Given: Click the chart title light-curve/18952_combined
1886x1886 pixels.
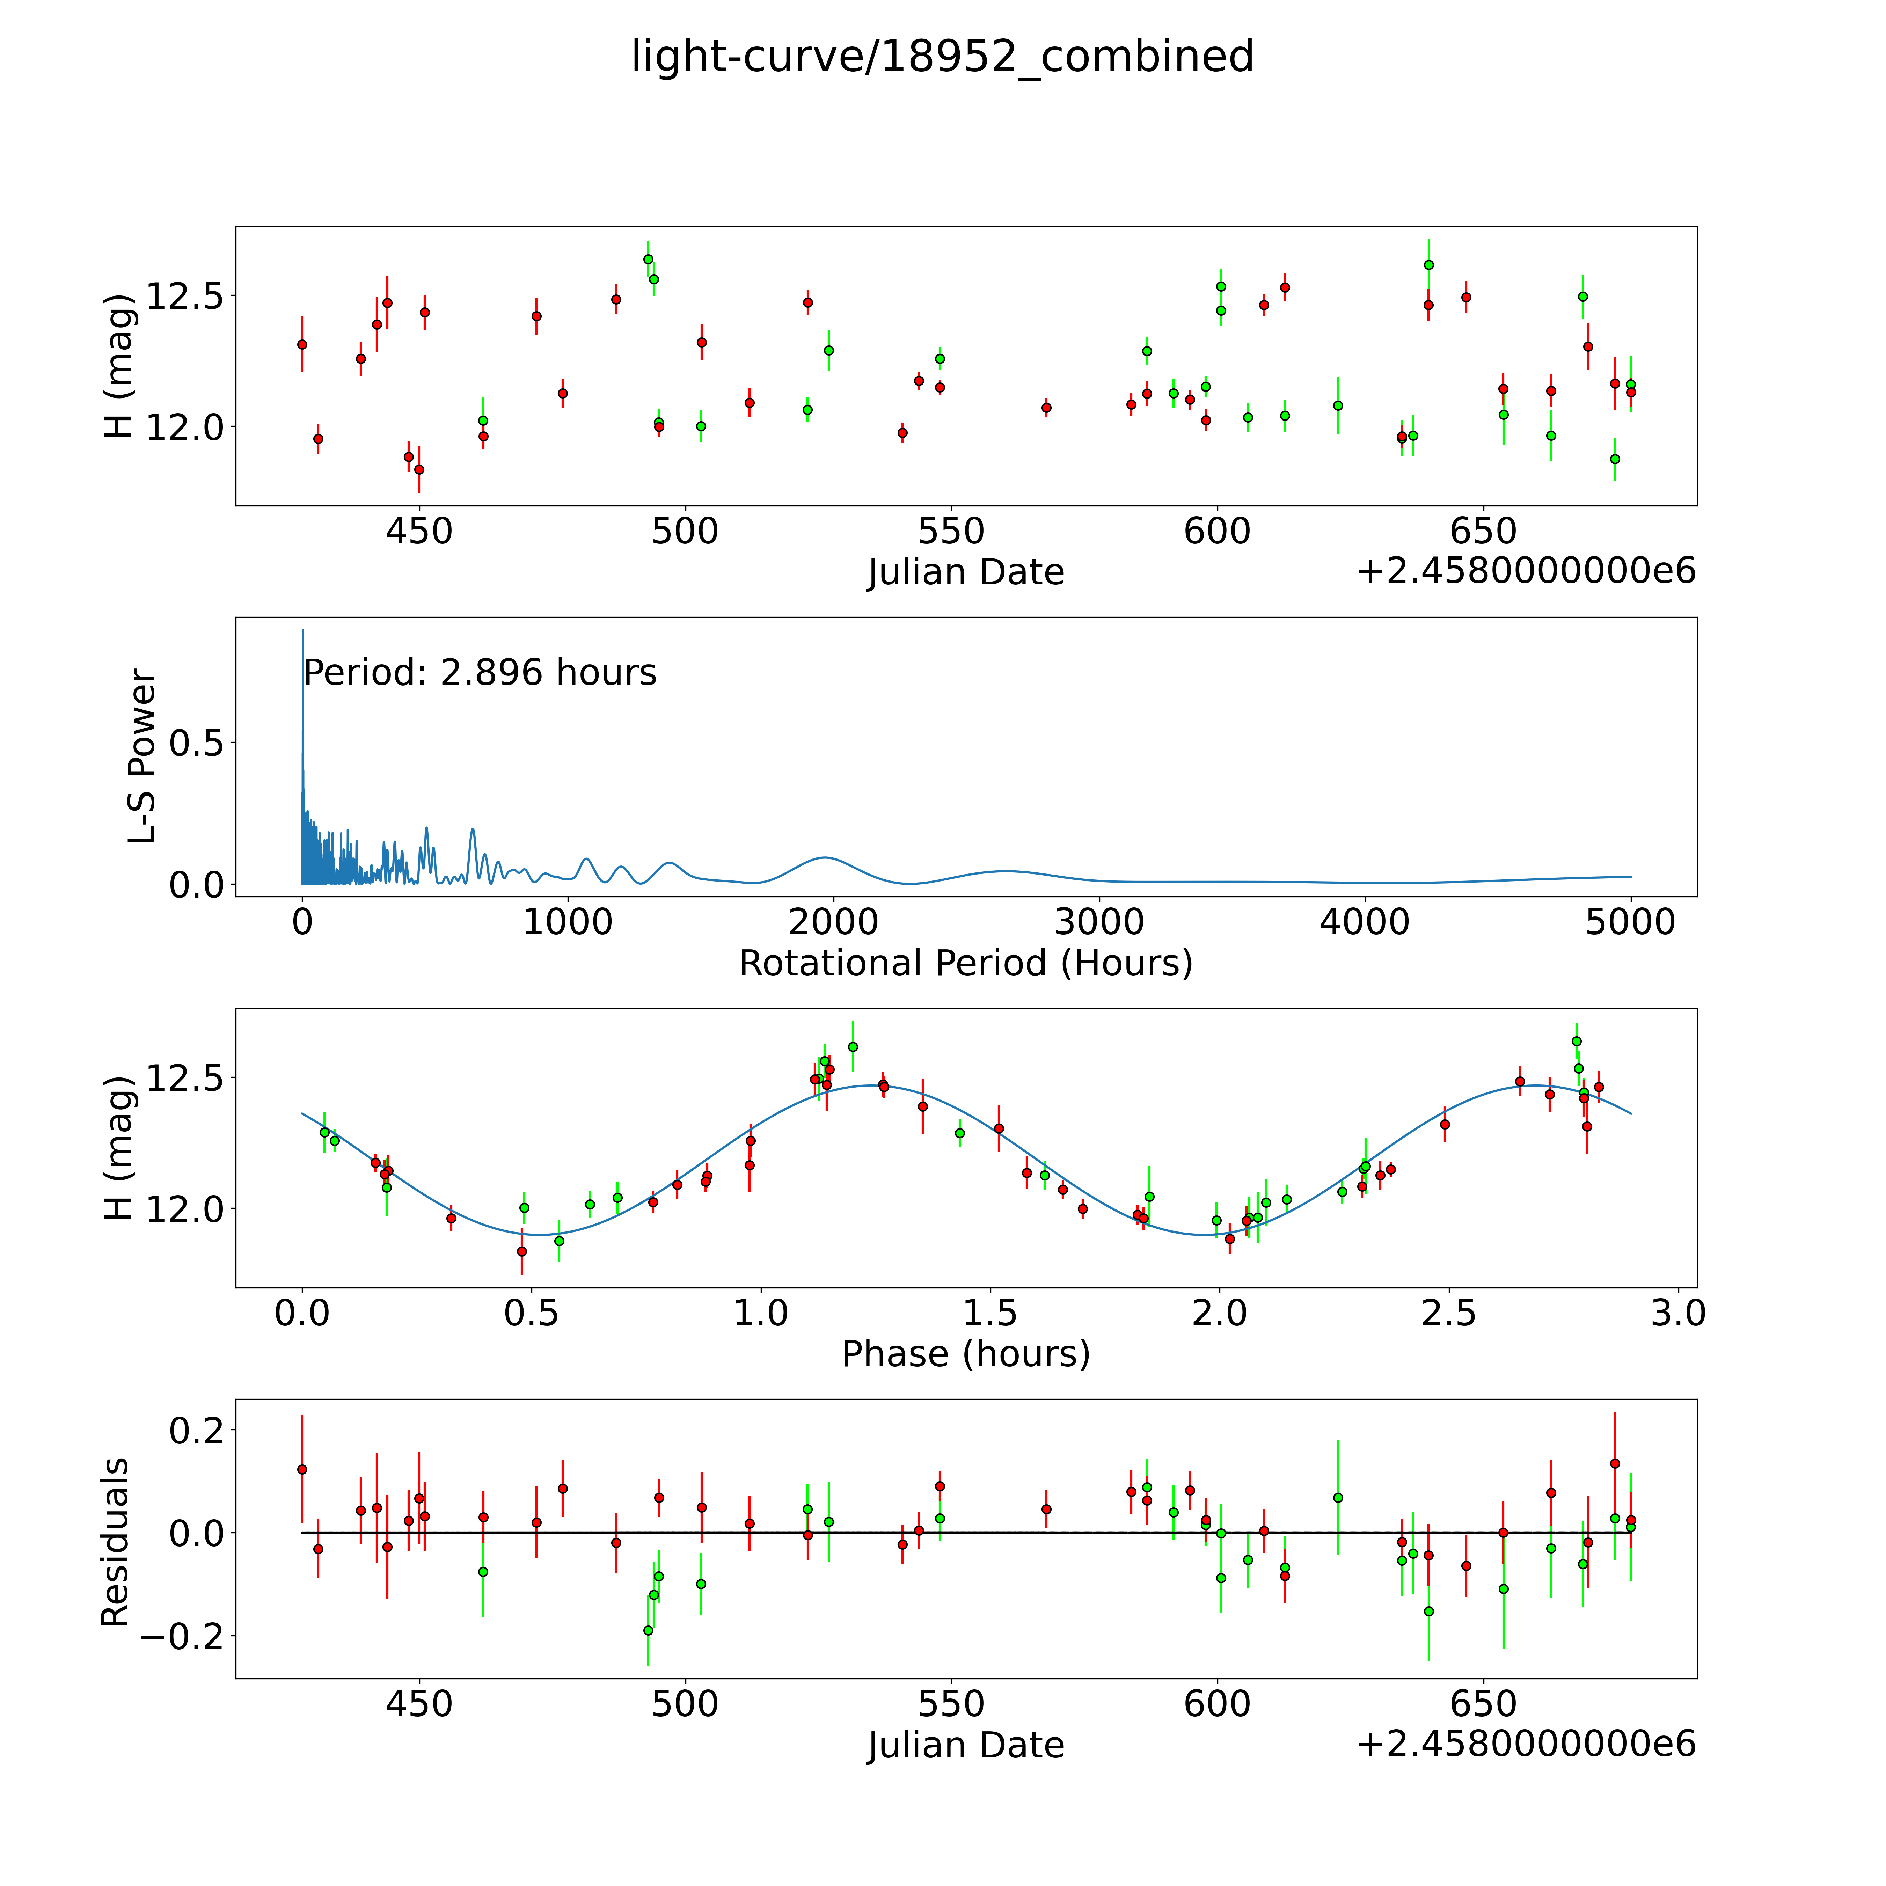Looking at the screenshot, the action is pyautogui.click(x=942, y=57).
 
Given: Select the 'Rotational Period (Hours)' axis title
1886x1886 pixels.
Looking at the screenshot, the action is pyautogui.click(x=965, y=964).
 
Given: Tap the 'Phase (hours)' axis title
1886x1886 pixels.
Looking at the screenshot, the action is pyautogui.click(x=965, y=1354).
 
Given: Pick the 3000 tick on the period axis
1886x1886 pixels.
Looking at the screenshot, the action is pyautogui.click(x=1099, y=922).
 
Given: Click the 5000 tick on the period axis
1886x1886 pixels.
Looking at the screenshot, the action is pyautogui.click(x=1630, y=922).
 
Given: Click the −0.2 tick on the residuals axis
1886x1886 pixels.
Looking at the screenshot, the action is pyautogui.click(x=183, y=1635).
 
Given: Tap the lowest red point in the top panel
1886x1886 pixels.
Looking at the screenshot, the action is pyautogui.click(x=419, y=469).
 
